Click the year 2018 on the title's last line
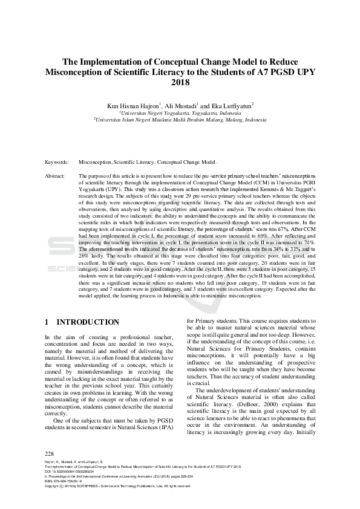click(180, 82)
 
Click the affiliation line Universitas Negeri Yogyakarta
click(180, 112)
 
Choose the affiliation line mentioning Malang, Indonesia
click(180, 120)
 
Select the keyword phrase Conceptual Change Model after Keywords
click(187, 163)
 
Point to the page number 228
click(50, 453)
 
